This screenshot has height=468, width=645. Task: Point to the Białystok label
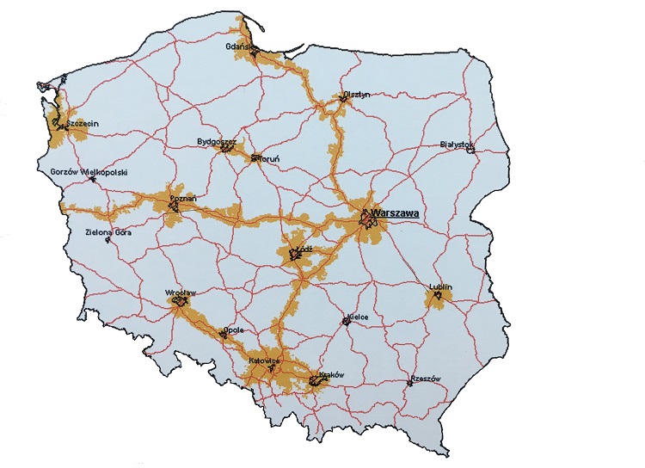(456, 144)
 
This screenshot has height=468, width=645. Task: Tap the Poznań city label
(184, 199)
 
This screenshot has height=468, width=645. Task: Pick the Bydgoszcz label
(217, 139)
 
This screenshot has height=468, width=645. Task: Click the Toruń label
(267, 158)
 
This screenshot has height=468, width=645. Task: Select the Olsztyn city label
(355, 95)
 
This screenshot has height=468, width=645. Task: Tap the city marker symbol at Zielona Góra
(107, 240)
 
